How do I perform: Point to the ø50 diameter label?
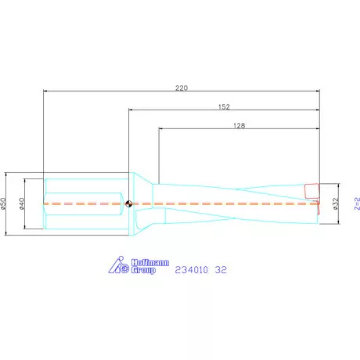tap(5, 203)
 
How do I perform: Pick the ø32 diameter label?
tap(334, 203)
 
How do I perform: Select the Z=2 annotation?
tap(355, 203)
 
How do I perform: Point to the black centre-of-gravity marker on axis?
tap(128, 204)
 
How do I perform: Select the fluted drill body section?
tap(235, 203)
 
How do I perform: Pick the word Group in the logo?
tap(142, 271)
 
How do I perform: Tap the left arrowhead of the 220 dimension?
tap(45, 92)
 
